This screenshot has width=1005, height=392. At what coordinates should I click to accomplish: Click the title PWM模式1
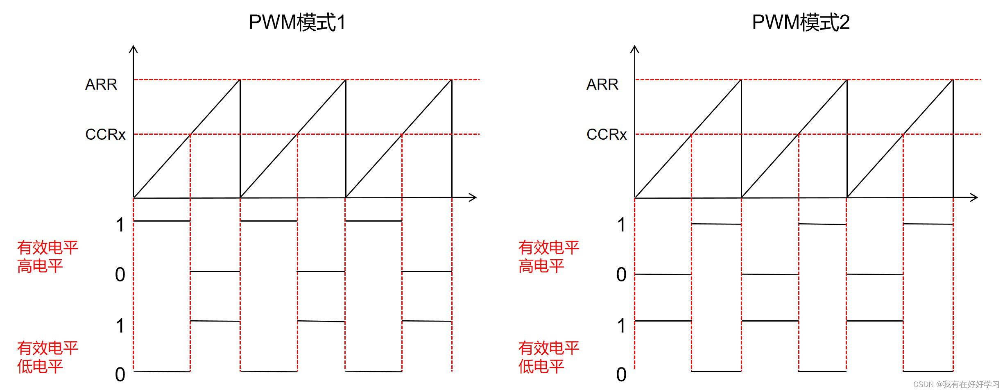click(297, 23)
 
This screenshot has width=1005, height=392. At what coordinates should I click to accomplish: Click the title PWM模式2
click(801, 23)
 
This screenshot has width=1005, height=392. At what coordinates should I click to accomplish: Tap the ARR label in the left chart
click(101, 84)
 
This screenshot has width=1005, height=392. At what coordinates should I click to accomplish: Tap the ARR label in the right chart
click(602, 84)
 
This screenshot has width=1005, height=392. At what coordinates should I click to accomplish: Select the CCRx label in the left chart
click(105, 134)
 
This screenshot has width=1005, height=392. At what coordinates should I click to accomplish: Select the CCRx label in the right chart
click(607, 134)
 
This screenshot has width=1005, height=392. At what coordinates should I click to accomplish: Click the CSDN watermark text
click(956, 384)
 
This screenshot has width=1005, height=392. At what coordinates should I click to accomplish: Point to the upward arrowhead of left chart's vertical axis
click(134, 49)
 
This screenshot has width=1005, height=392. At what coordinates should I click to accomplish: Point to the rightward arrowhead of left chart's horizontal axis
click(473, 197)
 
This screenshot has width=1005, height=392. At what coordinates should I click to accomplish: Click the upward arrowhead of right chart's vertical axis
click(635, 49)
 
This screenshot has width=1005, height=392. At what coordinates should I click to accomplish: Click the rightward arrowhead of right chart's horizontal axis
click(975, 197)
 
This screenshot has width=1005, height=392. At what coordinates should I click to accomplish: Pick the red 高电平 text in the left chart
click(40, 266)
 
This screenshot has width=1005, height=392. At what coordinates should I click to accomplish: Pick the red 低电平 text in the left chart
click(40, 366)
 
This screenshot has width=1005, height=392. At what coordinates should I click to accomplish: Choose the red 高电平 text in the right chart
click(541, 266)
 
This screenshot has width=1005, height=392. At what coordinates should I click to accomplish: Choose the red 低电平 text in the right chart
click(541, 366)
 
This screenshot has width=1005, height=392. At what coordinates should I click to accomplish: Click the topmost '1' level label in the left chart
click(120, 225)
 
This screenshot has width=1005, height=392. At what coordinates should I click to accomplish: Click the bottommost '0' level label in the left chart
click(120, 374)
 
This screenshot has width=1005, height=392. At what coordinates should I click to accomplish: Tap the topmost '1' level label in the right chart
click(621, 225)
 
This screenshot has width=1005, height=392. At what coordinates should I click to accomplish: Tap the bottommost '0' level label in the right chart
click(621, 374)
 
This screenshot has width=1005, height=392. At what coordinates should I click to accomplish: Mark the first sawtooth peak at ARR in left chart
click(240, 80)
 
